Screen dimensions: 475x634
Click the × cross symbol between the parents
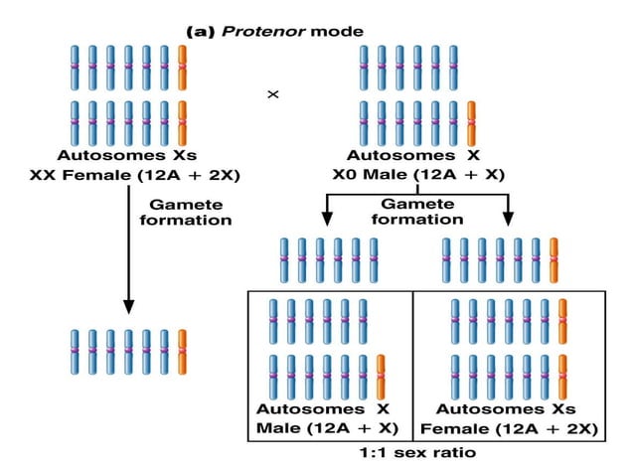(x=273, y=94)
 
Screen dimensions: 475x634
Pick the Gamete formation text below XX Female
(x=189, y=212)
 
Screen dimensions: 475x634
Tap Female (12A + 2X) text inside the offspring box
(x=509, y=429)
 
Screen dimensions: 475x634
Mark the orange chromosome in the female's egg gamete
(x=182, y=353)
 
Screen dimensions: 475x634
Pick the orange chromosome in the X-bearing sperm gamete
(x=554, y=261)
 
